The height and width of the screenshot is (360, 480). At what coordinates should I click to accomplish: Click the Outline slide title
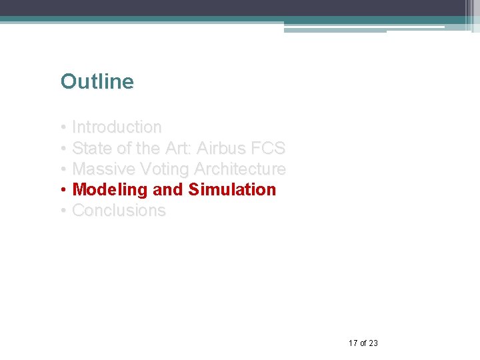97,82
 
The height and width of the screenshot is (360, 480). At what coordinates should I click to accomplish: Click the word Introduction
117,127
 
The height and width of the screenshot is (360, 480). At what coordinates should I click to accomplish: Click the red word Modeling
109,190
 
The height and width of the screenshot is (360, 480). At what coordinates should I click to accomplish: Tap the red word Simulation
232,190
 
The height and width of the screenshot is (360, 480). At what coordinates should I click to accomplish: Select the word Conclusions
119,211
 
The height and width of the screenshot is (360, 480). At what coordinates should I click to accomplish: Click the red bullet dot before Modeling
63,190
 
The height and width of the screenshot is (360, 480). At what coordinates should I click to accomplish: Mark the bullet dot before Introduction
63,127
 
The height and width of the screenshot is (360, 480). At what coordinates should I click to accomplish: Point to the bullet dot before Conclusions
63,211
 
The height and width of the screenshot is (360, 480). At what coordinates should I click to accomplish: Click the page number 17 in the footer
353,343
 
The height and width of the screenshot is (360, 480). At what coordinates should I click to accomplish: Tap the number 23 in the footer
373,343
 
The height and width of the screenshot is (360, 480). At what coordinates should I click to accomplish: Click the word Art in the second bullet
177,148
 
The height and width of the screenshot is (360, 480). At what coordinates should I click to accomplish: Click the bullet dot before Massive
63,169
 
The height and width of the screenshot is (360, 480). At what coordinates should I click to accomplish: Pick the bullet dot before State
63,148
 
